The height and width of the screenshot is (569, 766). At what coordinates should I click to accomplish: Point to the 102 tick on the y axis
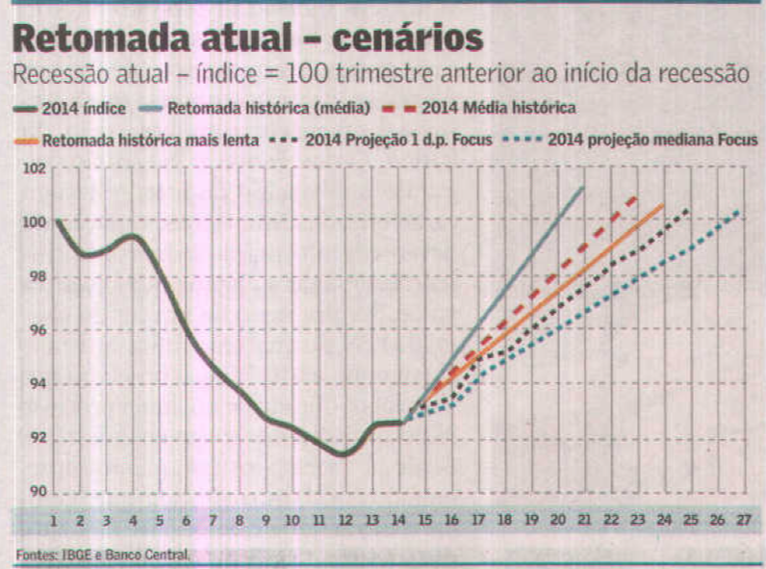(x=34, y=169)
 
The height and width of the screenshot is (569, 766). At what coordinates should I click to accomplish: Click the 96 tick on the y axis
(x=36, y=330)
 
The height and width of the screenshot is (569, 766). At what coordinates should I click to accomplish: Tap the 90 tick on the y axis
(x=36, y=491)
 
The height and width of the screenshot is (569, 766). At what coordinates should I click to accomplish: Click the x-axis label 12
(x=345, y=521)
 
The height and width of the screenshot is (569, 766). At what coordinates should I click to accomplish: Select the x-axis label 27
(x=742, y=521)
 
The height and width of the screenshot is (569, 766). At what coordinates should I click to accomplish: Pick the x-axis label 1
(x=55, y=521)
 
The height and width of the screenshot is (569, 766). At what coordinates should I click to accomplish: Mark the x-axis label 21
(x=583, y=521)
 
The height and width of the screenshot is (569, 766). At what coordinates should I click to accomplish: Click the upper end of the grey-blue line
(x=583, y=188)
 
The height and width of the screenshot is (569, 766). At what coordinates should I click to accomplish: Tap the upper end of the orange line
(x=663, y=205)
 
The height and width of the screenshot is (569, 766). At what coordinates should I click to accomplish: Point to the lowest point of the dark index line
(x=343, y=453)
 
